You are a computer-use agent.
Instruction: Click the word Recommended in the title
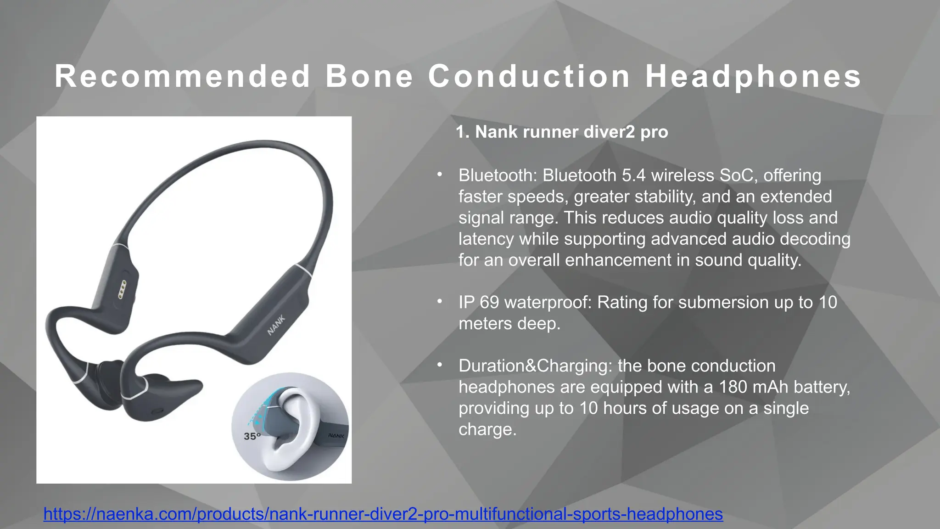[x=183, y=76]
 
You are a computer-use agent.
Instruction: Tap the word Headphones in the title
[x=753, y=76]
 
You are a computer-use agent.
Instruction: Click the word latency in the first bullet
[x=486, y=239]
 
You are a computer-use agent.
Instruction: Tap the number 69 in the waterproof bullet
[x=489, y=302]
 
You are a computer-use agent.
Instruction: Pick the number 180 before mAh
[x=733, y=387]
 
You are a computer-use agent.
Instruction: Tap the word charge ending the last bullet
[x=487, y=429]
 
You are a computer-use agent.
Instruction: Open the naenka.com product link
[x=383, y=514]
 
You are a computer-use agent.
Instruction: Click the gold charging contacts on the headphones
[x=122, y=289]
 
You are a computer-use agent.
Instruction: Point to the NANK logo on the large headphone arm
[x=276, y=325]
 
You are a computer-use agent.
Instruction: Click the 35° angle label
[x=252, y=436]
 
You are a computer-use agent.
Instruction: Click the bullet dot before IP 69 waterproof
[x=440, y=302]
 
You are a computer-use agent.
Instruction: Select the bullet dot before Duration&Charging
[x=440, y=365]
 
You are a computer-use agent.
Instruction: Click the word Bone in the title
[x=369, y=76]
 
